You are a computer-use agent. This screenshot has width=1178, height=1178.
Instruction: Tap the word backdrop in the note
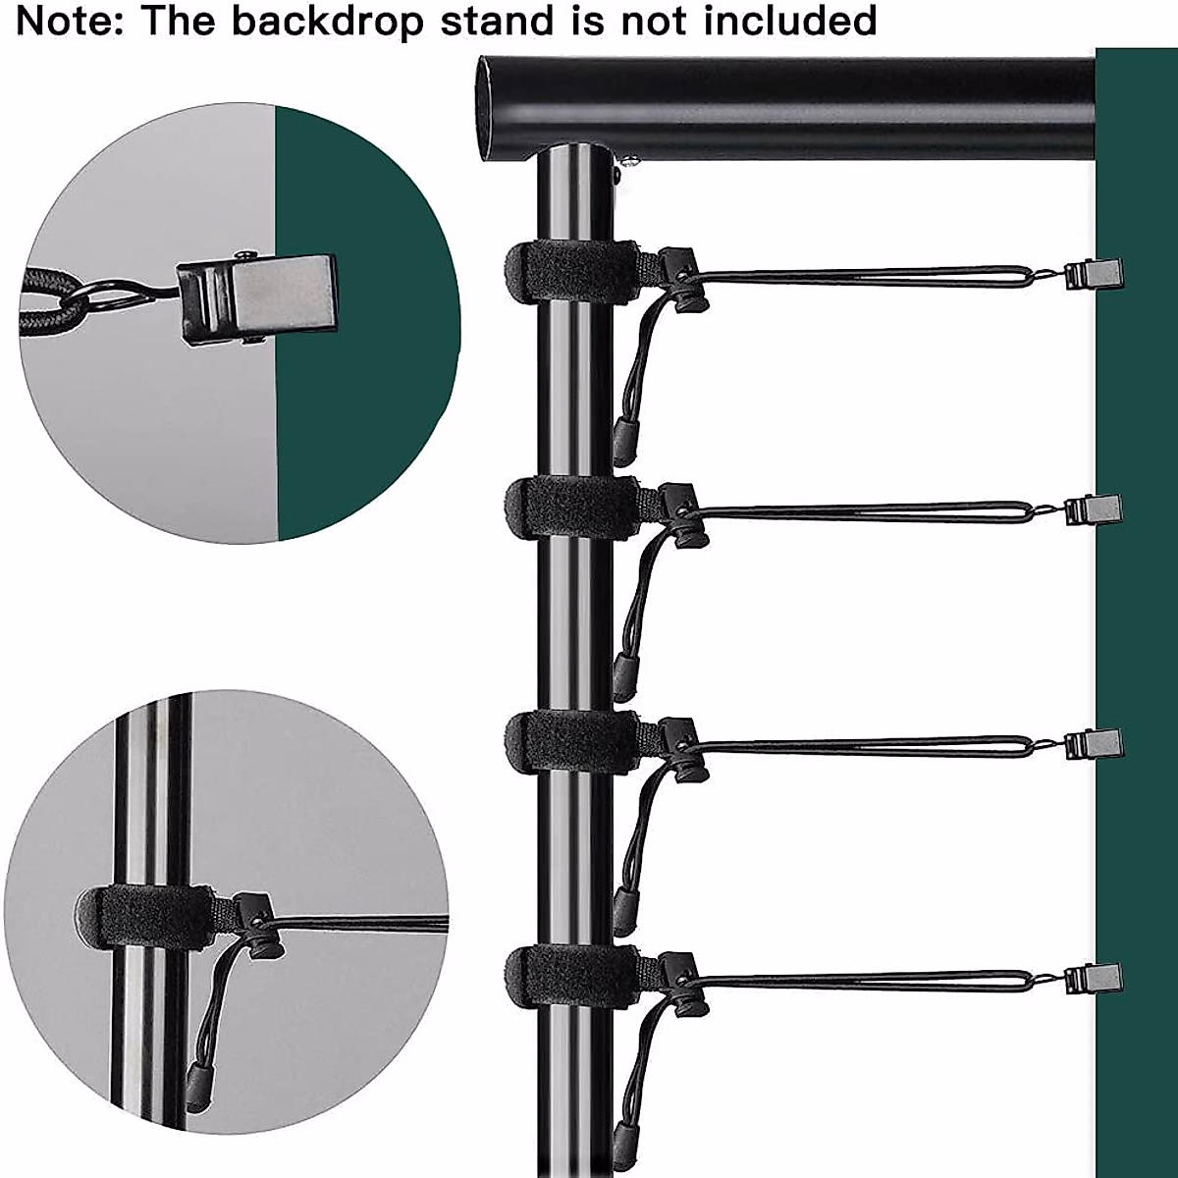[328, 21]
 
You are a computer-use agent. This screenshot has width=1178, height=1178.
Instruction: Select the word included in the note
[790, 21]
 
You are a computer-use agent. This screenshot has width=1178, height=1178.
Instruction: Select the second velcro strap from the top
[571, 509]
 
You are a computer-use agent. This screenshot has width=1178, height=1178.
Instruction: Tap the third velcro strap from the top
[571, 742]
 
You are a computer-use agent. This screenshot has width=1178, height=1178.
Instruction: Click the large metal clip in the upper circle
[257, 300]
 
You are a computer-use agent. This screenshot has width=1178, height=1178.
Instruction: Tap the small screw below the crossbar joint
[629, 161]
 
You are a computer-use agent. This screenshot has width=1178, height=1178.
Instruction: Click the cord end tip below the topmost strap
[624, 441]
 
